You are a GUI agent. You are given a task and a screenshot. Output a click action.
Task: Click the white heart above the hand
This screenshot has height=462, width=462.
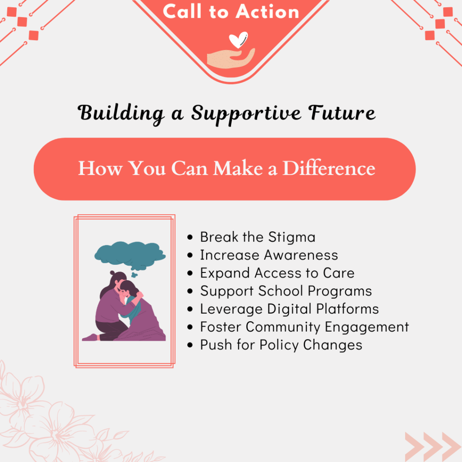coord(238,40)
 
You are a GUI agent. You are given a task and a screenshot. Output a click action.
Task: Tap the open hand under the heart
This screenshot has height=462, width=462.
coord(231,58)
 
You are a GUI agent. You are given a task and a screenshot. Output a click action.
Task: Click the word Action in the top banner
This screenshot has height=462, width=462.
coord(267,12)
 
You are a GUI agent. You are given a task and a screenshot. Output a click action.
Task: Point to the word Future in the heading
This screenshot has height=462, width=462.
coord(342,112)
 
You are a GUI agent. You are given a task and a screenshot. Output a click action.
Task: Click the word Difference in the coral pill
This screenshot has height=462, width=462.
coord(329,168)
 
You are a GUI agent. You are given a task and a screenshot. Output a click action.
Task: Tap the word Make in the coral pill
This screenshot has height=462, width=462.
coord(238,168)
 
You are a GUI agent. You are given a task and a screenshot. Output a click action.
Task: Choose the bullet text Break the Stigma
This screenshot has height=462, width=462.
coord(258,237)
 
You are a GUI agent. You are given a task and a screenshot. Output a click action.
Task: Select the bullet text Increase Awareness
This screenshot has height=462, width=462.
coord(269,255)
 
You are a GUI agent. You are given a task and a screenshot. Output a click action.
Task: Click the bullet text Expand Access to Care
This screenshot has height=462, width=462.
coord(277,273)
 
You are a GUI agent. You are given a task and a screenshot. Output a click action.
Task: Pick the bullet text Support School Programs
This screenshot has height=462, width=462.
coord(286,291)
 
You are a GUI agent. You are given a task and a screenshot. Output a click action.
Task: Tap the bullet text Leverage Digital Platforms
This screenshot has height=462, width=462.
coord(290,309)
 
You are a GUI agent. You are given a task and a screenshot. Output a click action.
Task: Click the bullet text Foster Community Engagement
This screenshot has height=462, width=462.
coord(305,327)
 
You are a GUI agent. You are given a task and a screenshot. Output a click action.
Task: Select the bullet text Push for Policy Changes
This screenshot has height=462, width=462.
coord(281,345)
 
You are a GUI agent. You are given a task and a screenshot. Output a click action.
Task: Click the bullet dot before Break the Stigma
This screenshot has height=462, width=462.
coord(190,237)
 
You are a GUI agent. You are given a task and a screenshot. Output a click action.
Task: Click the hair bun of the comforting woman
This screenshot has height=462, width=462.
coord(112,273)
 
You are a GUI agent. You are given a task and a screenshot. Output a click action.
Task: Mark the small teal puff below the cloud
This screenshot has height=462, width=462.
coord(134,275)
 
